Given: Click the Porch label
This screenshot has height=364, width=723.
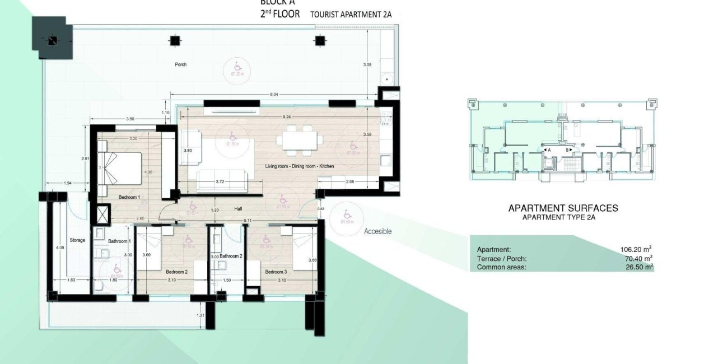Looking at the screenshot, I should [180, 64].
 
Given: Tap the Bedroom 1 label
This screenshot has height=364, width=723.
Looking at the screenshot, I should [129, 198].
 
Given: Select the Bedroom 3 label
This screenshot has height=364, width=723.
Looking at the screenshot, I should [276, 272].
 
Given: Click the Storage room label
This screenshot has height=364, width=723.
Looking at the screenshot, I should [77, 240].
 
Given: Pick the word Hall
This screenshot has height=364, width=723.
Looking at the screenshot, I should [239, 209].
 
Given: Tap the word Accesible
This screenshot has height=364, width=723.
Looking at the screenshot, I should [377, 231].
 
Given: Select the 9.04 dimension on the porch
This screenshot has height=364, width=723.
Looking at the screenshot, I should [274, 95].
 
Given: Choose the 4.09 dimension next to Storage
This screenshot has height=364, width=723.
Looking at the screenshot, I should [60, 248].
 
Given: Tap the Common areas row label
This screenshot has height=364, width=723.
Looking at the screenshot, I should [501, 268].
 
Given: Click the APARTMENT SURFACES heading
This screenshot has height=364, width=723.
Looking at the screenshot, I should [563, 208].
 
